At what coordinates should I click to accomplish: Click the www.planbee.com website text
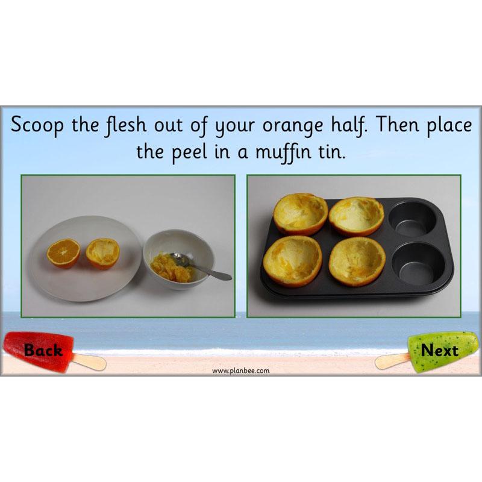pyautogui.click(x=241, y=371)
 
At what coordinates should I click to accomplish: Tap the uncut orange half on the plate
pyautogui.click(x=64, y=252)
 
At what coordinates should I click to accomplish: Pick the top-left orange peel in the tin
pyautogui.click(x=301, y=213)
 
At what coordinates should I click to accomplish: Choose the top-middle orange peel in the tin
pyautogui.click(x=356, y=216)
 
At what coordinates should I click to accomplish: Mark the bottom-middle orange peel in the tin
pyautogui.click(x=357, y=260)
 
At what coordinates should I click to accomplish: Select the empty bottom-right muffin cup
pyautogui.click(x=422, y=265)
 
